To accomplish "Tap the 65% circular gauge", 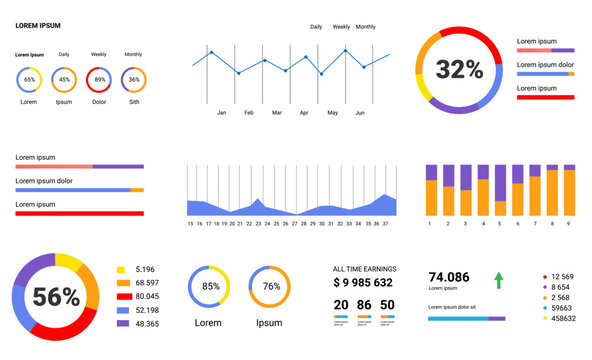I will tap(29, 79).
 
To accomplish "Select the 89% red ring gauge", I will tap(99, 79).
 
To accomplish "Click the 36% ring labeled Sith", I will tap(133, 79).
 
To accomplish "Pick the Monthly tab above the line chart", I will tap(366, 27).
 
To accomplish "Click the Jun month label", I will tap(360, 113).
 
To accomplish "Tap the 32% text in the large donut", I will tap(459, 69).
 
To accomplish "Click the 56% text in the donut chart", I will tap(56, 297).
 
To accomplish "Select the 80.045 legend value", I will tap(146, 296).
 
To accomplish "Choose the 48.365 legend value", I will tap(146, 324).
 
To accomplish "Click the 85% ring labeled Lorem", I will tap(211, 286).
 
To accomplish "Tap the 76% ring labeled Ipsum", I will tap(270, 286).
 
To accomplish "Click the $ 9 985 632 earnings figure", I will tap(364, 282).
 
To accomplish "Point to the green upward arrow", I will tap(499, 280).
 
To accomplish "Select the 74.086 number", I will tap(449, 277).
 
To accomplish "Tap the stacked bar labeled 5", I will tap(484, 192).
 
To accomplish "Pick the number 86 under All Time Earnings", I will tap(363, 305).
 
